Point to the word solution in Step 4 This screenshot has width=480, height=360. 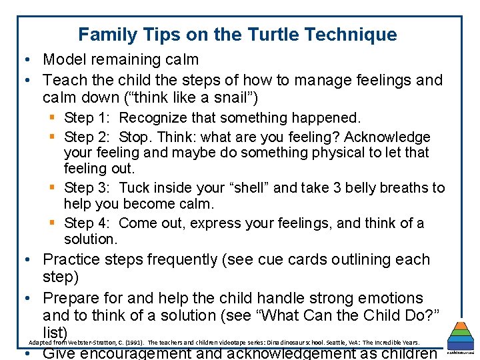[89, 239]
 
